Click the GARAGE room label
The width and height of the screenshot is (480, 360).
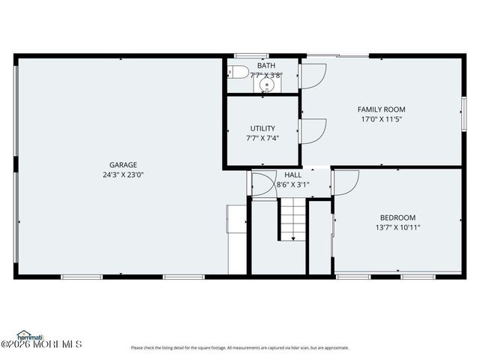[x=123, y=165]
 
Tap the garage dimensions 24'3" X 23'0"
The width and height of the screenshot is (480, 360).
[x=123, y=175]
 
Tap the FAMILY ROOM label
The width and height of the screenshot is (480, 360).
[x=381, y=109]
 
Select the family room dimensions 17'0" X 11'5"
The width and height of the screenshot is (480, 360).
[x=381, y=119]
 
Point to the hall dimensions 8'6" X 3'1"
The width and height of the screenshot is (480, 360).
[x=292, y=184]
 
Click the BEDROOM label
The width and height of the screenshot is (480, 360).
[x=397, y=217]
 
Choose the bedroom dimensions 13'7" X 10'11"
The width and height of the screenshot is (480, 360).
[x=397, y=227]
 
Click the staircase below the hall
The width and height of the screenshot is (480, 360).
[x=292, y=218]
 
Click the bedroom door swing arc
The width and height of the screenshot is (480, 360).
[x=346, y=182]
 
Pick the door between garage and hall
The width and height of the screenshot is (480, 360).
[x=262, y=184]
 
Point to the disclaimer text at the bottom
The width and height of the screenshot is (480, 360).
[x=240, y=348]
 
